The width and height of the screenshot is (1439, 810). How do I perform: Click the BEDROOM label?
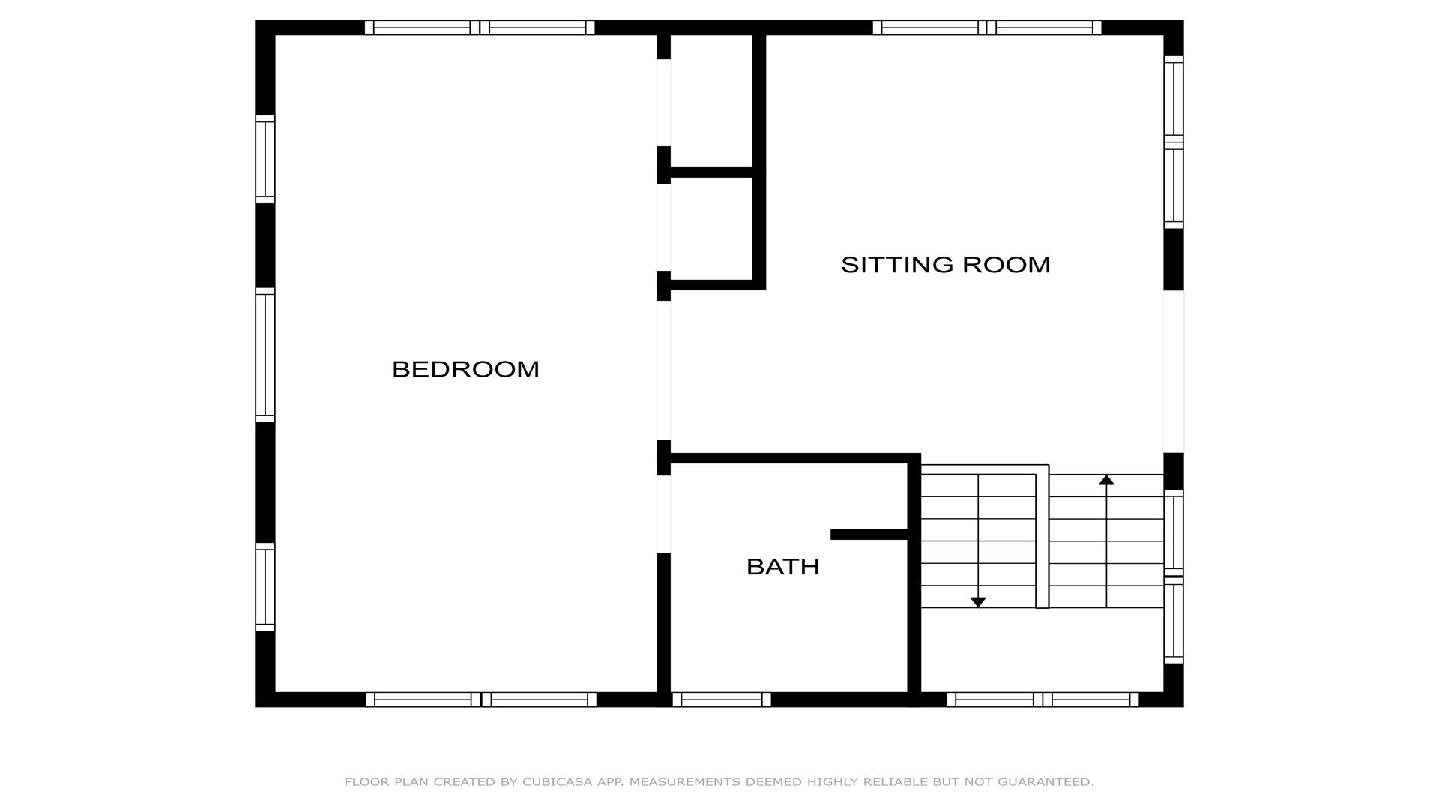pyautogui.click(x=465, y=369)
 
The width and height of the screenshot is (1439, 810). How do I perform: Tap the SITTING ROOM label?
pyautogui.click(x=945, y=265)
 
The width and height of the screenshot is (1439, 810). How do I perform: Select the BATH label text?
pyautogui.click(x=782, y=567)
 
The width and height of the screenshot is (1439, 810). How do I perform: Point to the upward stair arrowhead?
pyautogui.click(x=1106, y=480)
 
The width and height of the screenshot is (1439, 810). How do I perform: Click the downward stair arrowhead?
pyautogui.click(x=978, y=602)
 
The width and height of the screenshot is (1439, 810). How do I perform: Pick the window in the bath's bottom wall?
pyautogui.click(x=722, y=700)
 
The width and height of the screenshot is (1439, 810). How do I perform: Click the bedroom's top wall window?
pyautogui.click(x=480, y=28)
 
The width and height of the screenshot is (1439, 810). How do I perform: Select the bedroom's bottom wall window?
pyautogui.click(x=481, y=700)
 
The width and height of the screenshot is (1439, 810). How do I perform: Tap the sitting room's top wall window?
pyautogui.click(x=987, y=28)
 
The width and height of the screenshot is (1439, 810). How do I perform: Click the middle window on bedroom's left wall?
pyautogui.click(x=265, y=355)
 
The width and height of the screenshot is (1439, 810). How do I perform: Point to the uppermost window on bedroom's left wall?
pyautogui.click(x=265, y=159)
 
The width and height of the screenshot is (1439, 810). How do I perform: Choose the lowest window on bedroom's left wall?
pyautogui.click(x=265, y=587)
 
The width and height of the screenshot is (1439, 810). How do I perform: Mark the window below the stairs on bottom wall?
pyautogui.click(x=1043, y=700)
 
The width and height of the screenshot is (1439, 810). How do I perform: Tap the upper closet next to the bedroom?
pyautogui.click(x=711, y=101)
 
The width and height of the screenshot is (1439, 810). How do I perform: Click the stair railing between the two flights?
pyautogui.click(x=1042, y=536)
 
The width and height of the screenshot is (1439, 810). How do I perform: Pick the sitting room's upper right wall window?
pyautogui.click(x=1174, y=142)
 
